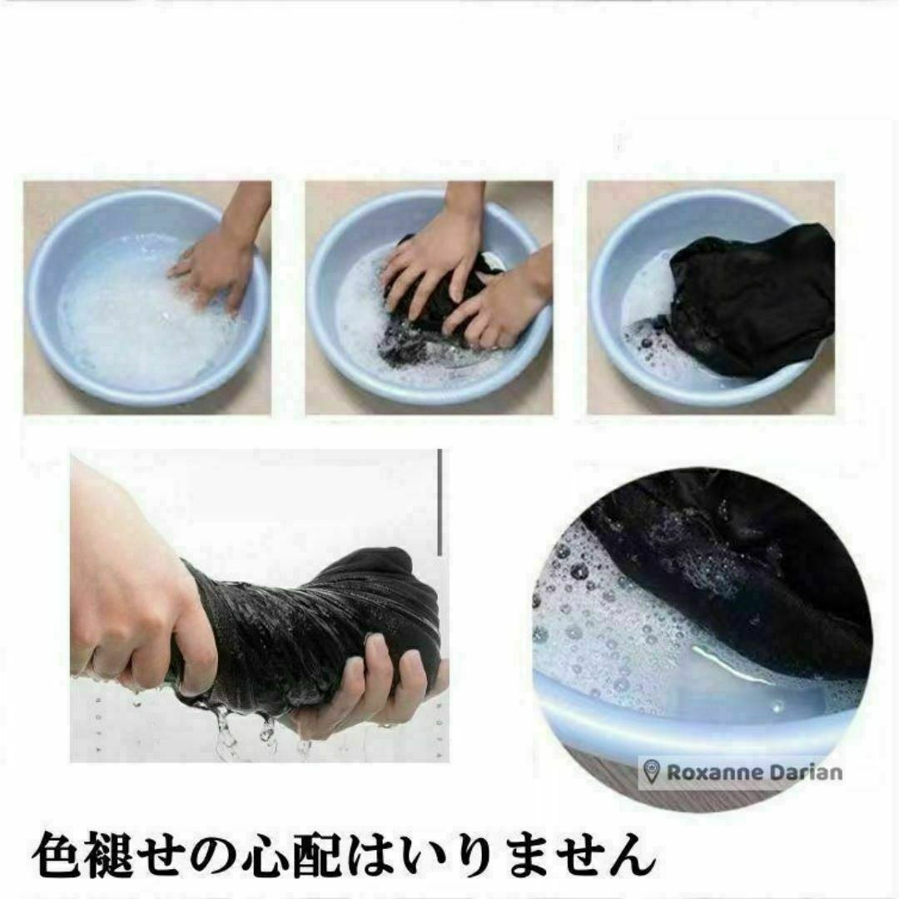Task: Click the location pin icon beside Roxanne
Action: click(x=651, y=772)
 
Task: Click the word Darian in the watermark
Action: click(x=806, y=772)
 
